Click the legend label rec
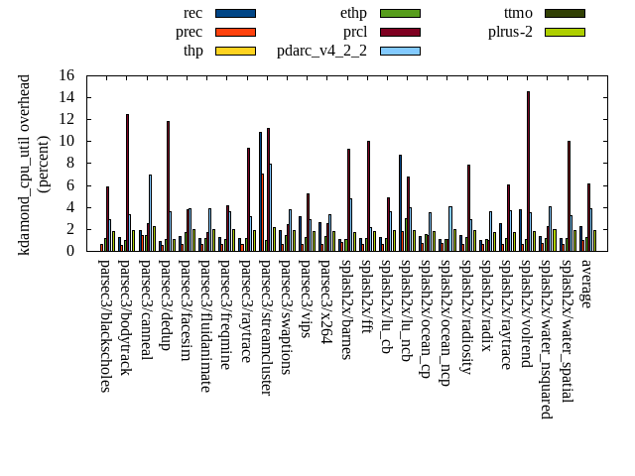193,13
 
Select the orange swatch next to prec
235,32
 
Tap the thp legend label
192,51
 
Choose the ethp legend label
354,13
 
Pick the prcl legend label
355,32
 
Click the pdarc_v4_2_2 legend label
321,51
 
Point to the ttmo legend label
518,13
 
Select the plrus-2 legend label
511,32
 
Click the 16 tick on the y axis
66,75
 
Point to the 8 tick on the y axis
70,163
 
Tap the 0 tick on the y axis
70,251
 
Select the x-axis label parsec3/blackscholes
105,325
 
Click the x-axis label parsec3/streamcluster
267,326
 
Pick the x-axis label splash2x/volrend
527,314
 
